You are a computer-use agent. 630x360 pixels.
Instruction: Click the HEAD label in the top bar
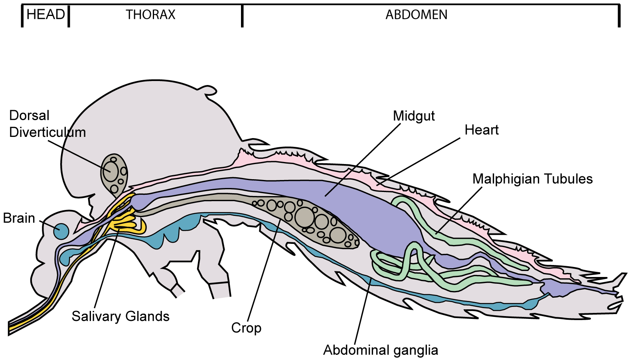pos(45,15)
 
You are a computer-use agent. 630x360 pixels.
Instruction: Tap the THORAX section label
pos(150,15)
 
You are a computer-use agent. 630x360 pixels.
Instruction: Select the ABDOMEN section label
pos(416,15)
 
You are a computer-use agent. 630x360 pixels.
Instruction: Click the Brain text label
pos(19,218)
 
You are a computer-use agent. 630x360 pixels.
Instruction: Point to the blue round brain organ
pos(61,231)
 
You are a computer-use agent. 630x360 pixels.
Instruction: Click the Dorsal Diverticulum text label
pos(47,124)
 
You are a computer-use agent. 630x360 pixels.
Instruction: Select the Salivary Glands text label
pos(120,316)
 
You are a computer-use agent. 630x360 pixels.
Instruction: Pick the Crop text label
pos(246,328)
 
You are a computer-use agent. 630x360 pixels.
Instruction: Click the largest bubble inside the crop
pos(304,217)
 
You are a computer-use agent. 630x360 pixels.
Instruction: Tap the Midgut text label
pos(414,116)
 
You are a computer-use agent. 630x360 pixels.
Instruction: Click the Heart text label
pos(482,130)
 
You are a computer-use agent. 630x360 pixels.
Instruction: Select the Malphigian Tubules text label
pos(532,179)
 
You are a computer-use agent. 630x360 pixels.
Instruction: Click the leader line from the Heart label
pos(419,161)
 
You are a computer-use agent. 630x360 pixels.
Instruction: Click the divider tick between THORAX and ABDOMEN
pos(242,16)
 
